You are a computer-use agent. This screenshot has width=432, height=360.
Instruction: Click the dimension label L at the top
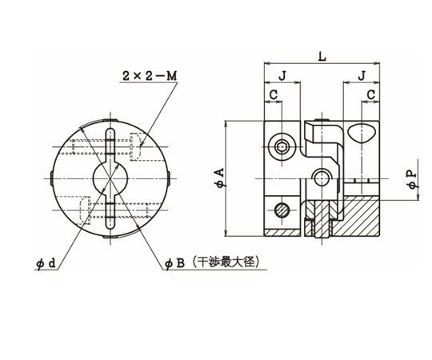(322, 57)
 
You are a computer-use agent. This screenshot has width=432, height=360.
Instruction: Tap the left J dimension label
(282, 75)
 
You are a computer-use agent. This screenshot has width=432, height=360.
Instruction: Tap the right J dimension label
(362, 75)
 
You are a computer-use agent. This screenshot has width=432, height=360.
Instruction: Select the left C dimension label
(274, 95)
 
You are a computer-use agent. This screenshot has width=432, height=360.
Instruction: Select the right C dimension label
(371, 95)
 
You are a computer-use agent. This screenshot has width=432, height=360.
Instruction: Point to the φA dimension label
(221, 178)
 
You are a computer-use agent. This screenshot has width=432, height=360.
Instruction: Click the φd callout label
(46, 263)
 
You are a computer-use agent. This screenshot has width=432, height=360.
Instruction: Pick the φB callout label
(174, 263)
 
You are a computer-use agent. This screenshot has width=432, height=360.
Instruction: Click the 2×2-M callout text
(150, 76)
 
